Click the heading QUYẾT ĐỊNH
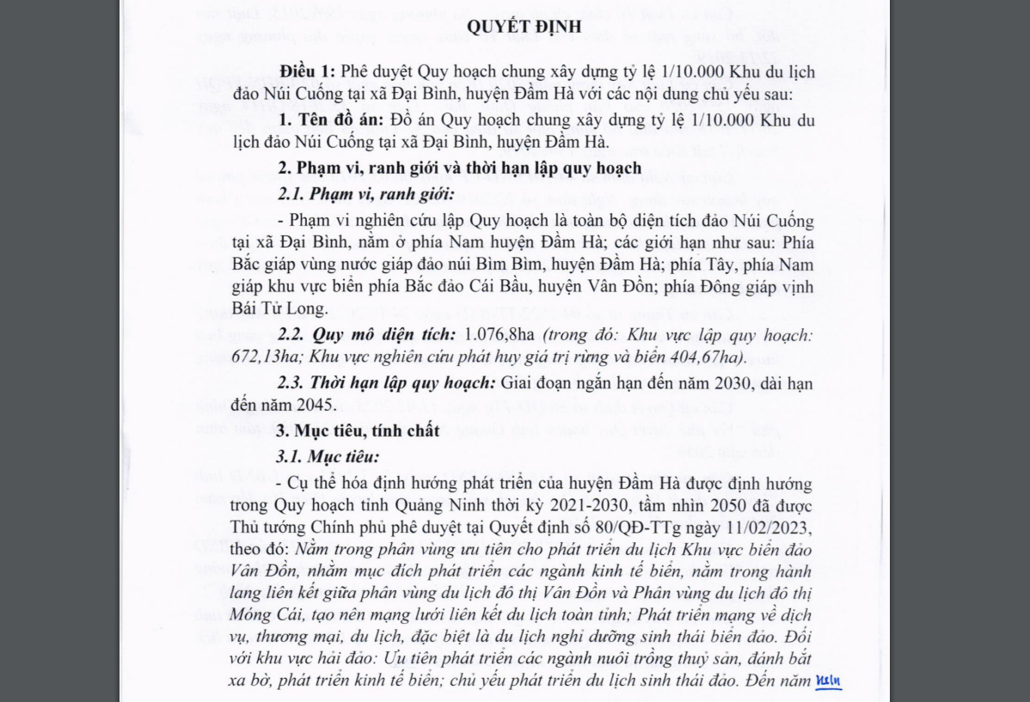pyautogui.click(x=524, y=27)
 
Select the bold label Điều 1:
pyautogui.click(x=307, y=72)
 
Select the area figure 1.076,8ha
pyautogui.click(x=499, y=334)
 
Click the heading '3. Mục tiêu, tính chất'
pyautogui.click(x=359, y=430)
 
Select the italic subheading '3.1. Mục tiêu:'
pyautogui.click(x=328, y=456)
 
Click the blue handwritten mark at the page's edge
pyautogui.click(x=829, y=682)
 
